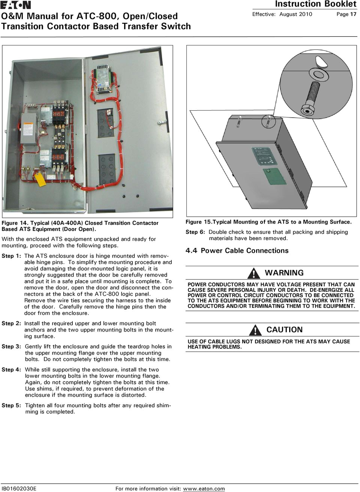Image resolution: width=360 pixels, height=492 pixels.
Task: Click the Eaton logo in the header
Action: (16, 5)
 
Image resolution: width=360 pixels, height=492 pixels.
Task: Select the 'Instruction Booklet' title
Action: (315, 4)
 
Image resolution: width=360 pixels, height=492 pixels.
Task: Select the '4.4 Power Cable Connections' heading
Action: (237, 250)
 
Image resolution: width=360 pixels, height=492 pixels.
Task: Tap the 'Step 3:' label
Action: (11, 346)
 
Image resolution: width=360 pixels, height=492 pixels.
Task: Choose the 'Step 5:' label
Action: (11, 405)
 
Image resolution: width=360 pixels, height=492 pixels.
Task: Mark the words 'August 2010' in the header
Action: (295, 14)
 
